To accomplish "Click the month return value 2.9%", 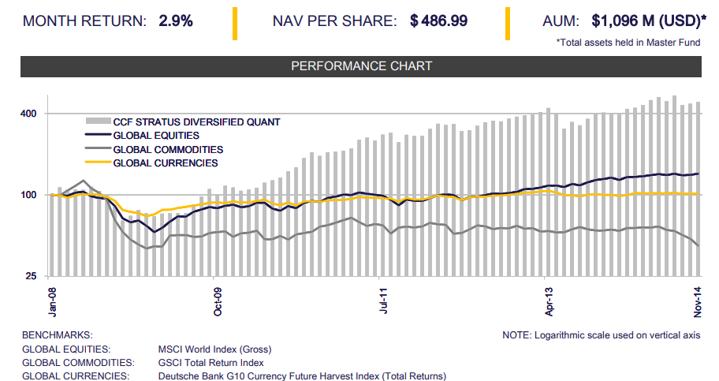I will point(176,21).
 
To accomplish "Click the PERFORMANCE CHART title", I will point(362,66).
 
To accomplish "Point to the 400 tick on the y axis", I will point(29,114).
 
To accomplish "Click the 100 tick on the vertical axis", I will point(29,195).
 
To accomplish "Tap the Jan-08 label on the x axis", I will point(53,303).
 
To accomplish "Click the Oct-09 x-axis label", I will point(218,303).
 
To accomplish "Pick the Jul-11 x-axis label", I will point(383,303).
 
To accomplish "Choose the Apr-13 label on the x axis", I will point(547,303).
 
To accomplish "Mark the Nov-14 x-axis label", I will point(698,303).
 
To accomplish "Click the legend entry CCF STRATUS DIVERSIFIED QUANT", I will point(196,122).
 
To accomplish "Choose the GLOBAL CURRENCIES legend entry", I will point(165,162).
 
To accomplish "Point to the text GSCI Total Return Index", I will point(210,362).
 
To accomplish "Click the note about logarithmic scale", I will point(601,335).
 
